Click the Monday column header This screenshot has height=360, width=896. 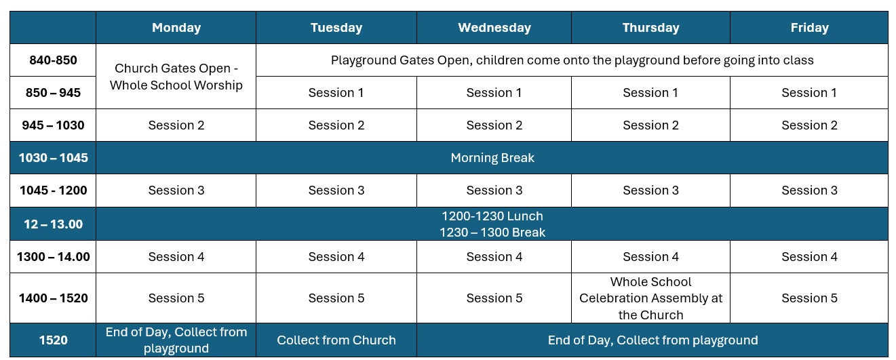[x=176, y=28]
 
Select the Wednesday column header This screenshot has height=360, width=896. [x=494, y=28]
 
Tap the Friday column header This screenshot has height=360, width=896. [x=810, y=28]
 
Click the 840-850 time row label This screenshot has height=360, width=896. [x=53, y=60]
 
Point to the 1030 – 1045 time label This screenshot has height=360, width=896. [x=53, y=157]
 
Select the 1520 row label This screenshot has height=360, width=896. [x=53, y=340]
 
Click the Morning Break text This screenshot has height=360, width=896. [x=492, y=157]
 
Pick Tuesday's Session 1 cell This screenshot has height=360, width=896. [x=336, y=92]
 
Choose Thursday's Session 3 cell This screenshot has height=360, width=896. [x=650, y=190]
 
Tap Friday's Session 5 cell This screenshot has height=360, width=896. [x=810, y=298]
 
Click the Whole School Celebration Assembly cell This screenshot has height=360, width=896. [x=650, y=298]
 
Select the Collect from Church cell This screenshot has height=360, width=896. [x=336, y=340]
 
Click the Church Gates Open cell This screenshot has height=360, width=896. [x=176, y=77]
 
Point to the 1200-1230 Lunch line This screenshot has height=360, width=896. [x=492, y=216]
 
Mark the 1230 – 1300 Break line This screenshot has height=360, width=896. [x=492, y=233]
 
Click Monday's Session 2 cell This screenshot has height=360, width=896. [x=176, y=125]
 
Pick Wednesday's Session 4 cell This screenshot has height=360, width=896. [x=494, y=256]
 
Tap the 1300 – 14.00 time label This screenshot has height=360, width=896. [x=53, y=256]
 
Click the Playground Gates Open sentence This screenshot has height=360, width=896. [x=572, y=60]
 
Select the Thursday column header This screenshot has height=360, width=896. [x=650, y=28]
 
